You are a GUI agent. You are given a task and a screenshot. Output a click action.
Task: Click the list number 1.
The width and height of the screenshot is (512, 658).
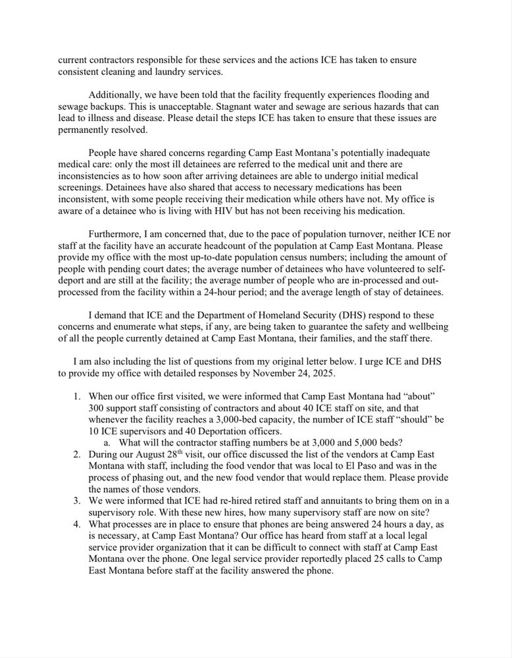point(76,397)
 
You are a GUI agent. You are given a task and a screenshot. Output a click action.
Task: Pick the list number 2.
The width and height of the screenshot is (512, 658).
point(76,454)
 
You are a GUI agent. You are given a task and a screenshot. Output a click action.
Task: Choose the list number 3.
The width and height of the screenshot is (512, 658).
point(76,501)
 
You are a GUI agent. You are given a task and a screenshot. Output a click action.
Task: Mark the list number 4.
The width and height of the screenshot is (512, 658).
point(76,524)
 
